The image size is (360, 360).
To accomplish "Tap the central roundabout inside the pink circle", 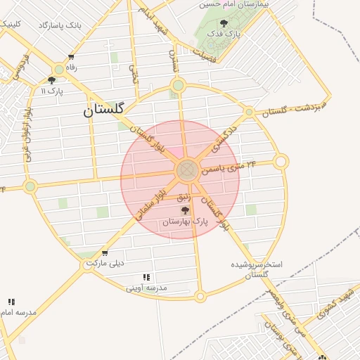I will click(187, 169).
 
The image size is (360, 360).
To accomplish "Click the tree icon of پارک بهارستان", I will click(185, 210).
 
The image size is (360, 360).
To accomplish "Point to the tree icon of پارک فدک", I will click(224, 24).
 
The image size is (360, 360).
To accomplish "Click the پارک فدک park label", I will click(227, 34).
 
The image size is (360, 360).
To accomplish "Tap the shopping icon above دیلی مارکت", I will click(105, 254).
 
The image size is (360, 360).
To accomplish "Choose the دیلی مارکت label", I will click(105, 264).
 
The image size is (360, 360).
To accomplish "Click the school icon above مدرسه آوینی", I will click(146, 278).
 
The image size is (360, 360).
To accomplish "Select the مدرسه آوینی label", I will click(146, 288).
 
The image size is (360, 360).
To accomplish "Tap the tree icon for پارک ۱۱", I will click(51, 81).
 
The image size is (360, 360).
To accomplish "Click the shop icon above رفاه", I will click(70, 58).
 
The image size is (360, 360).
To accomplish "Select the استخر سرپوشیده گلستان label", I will click(257, 269).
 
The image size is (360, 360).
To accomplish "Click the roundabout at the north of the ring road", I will click(178, 86).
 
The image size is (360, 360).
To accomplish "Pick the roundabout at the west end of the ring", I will click(30, 186).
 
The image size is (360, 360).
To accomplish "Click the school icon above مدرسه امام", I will click(11, 302).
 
